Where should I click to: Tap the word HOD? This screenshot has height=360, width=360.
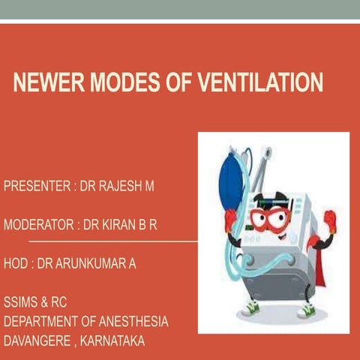[x=16, y=264]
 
